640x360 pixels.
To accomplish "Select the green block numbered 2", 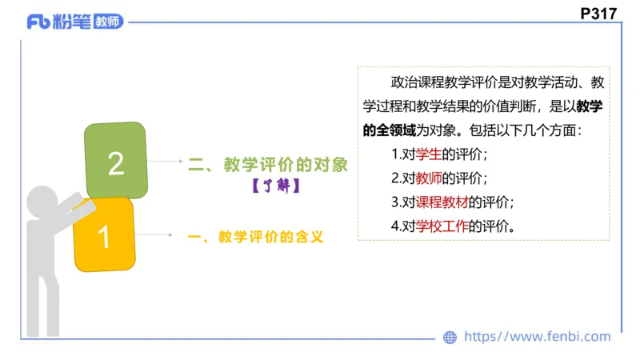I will click(x=116, y=162).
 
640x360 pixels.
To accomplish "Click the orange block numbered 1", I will click(x=103, y=236).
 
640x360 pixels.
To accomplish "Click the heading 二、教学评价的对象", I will click(x=268, y=165).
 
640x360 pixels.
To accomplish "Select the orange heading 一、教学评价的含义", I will click(x=254, y=237).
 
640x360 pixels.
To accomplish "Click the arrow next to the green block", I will click(x=166, y=162).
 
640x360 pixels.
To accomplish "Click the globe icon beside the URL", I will click(x=450, y=338).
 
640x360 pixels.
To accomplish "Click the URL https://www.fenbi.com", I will click(x=537, y=337).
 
